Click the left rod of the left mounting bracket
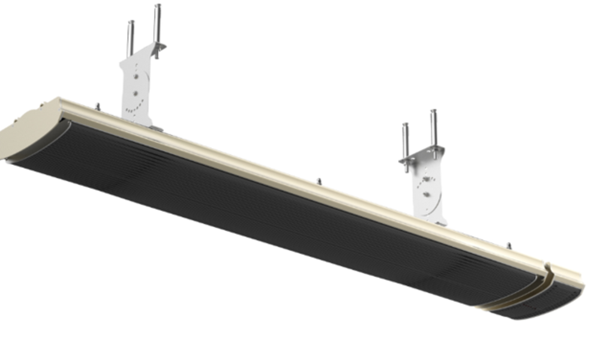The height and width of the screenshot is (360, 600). coord(130,39)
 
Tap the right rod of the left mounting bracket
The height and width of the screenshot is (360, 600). coord(157,27)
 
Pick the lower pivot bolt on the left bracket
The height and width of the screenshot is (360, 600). coord(134,93)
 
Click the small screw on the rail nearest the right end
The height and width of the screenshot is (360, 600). coord(509,245)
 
